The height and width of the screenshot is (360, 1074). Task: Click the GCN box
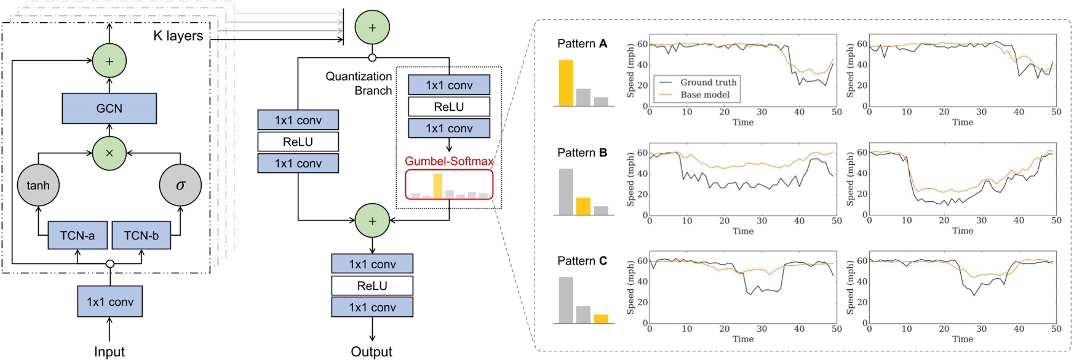click(x=109, y=108)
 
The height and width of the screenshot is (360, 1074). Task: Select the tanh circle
click(x=38, y=185)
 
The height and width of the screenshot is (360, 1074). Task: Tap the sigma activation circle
click(x=180, y=185)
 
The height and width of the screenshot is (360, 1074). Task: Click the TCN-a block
click(x=78, y=235)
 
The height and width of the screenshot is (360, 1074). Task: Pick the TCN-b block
click(x=141, y=235)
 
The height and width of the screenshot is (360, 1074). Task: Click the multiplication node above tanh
click(x=109, y=153)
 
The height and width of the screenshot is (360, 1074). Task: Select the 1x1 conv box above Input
click(x=109, y=302)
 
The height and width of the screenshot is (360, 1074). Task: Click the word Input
click(x=109, y=351)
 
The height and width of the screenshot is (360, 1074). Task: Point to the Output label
click(x=372, y=351)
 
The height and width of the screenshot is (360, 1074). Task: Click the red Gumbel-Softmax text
click(x=448, y=161)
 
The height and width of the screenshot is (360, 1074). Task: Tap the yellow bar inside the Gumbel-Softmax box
click(x=437, y=186)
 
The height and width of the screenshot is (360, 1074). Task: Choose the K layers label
click(x=178, y=36)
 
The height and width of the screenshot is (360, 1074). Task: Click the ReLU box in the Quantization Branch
click(x=448, y=106)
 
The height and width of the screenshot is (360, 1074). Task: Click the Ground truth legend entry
click(x=707, y=82)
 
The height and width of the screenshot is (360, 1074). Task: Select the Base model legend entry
click(x=704, y=95)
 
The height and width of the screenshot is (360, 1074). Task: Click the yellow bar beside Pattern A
click(x=566, y=82)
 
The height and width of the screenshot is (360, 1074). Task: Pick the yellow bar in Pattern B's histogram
click(x=583, y=206)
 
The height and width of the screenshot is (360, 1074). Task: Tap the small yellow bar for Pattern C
click(x=601, y=319)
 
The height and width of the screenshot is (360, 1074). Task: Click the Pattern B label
click(x=582, y=153)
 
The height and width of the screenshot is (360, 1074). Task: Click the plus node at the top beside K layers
click(x=372, y=28)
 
